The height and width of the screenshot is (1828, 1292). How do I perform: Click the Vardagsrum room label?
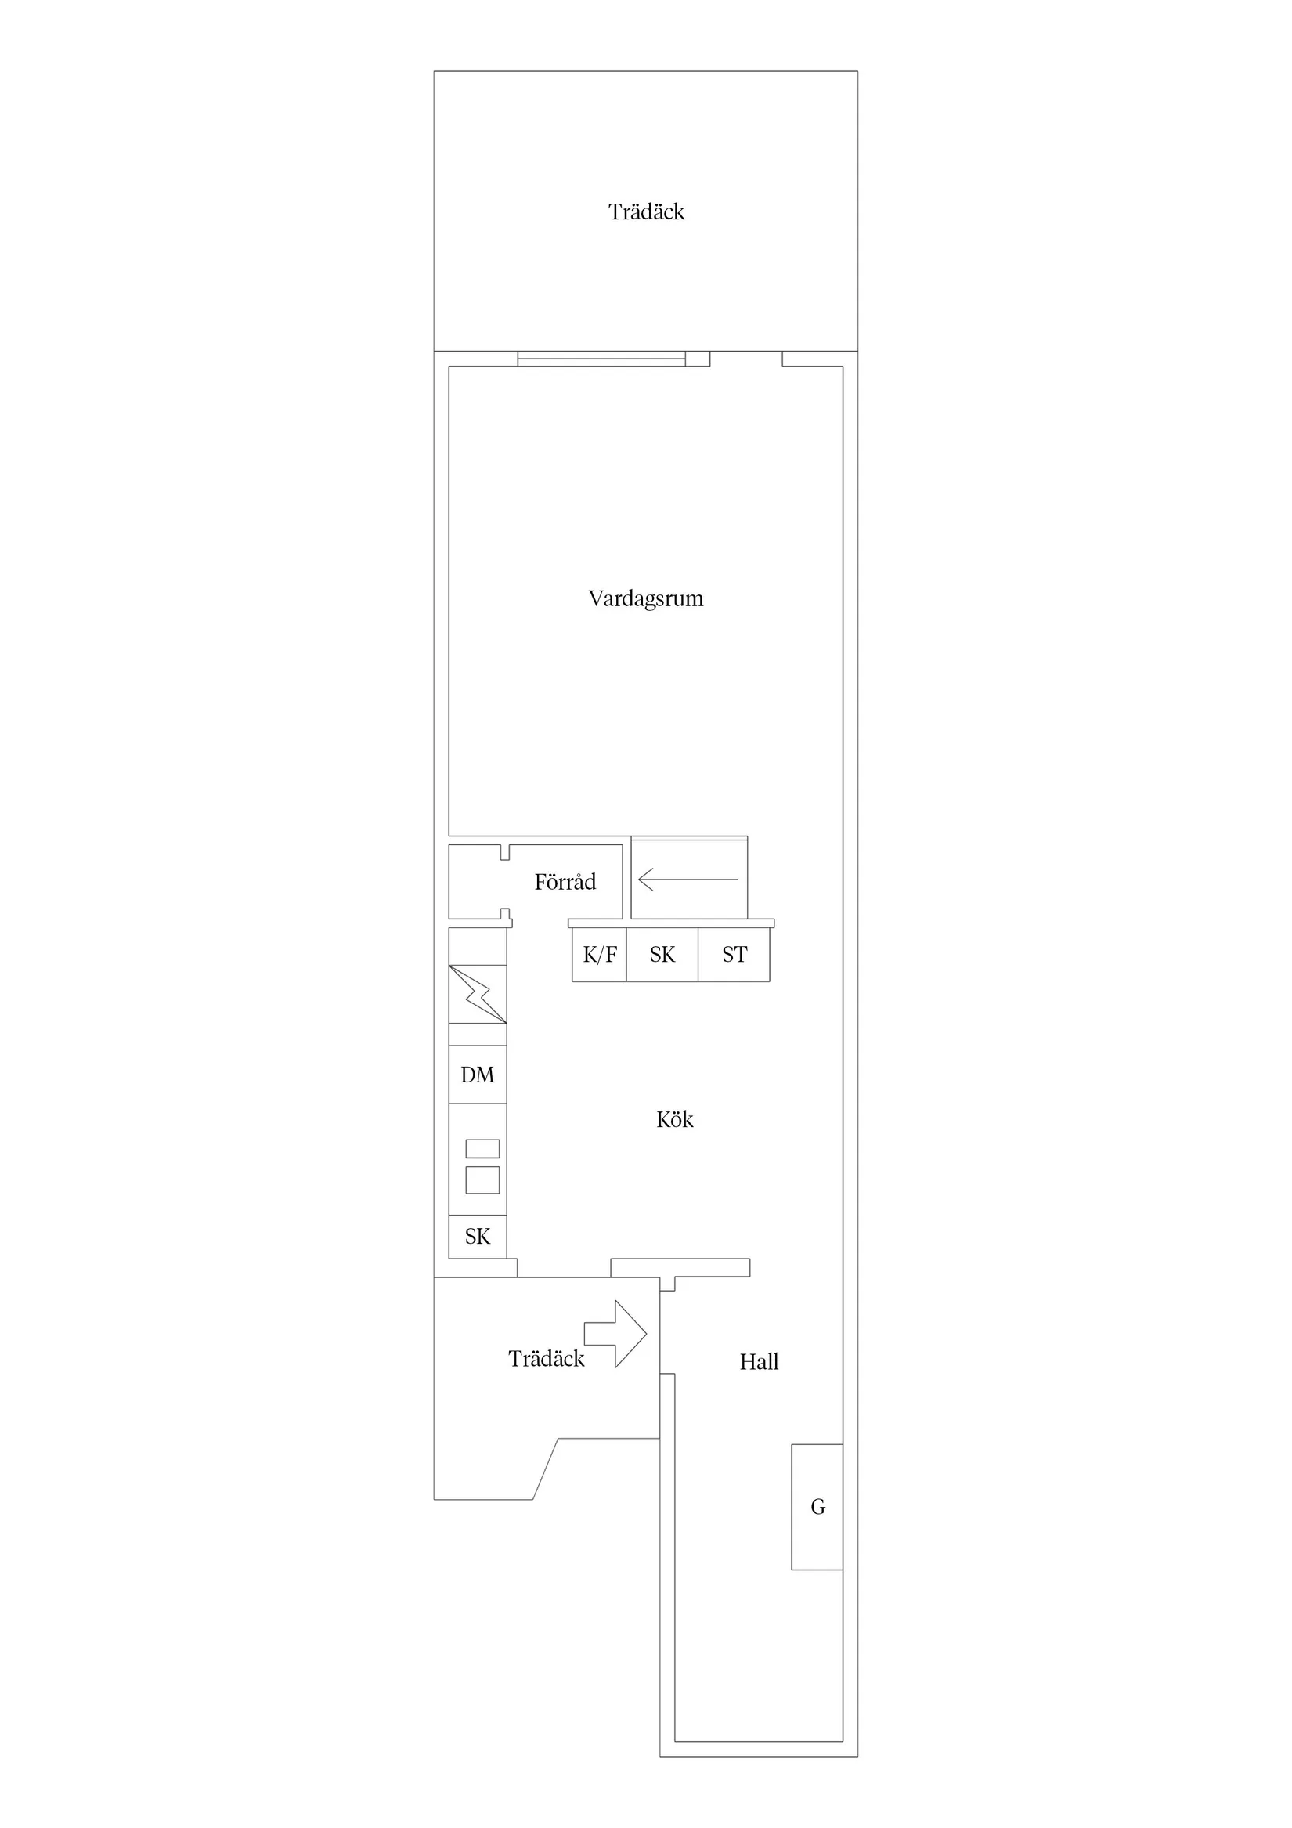[x=645, y=598]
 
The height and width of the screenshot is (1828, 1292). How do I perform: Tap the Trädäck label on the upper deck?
[x=645, y=211]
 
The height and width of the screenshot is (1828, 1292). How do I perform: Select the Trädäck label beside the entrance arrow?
[x=546, y=1359]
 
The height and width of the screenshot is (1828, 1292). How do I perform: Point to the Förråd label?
[x=565, y=882]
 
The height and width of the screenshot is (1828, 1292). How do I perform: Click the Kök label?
[x=674, y=1120]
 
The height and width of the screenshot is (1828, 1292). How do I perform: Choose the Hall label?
[x=759, y=1362]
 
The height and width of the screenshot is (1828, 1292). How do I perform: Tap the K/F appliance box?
[x=600, y=955]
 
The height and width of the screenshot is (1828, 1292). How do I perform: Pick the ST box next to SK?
[x=734, y=955]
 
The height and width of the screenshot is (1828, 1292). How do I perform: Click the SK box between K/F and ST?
[x=662, y=955]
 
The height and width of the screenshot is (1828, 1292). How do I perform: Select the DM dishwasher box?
[x=478, y=1075]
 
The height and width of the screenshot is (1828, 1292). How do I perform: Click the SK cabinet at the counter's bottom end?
[x=478, y=1237]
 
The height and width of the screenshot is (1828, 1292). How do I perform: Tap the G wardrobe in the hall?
[x=817, y=1507]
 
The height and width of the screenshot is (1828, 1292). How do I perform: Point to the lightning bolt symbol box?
[x=478, y=994]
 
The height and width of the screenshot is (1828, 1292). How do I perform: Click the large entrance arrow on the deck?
[x=617, y=1334]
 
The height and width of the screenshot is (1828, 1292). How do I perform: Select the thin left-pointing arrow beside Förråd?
[x=688, y=880]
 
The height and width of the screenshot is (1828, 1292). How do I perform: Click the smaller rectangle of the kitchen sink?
[x=482, y=1148]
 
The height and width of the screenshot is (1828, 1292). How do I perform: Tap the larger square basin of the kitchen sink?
[x=482, y=1180]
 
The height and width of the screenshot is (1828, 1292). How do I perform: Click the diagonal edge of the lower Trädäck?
[x=545, y=1469]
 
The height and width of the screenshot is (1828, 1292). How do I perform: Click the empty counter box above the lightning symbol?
[x=478, y=947]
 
